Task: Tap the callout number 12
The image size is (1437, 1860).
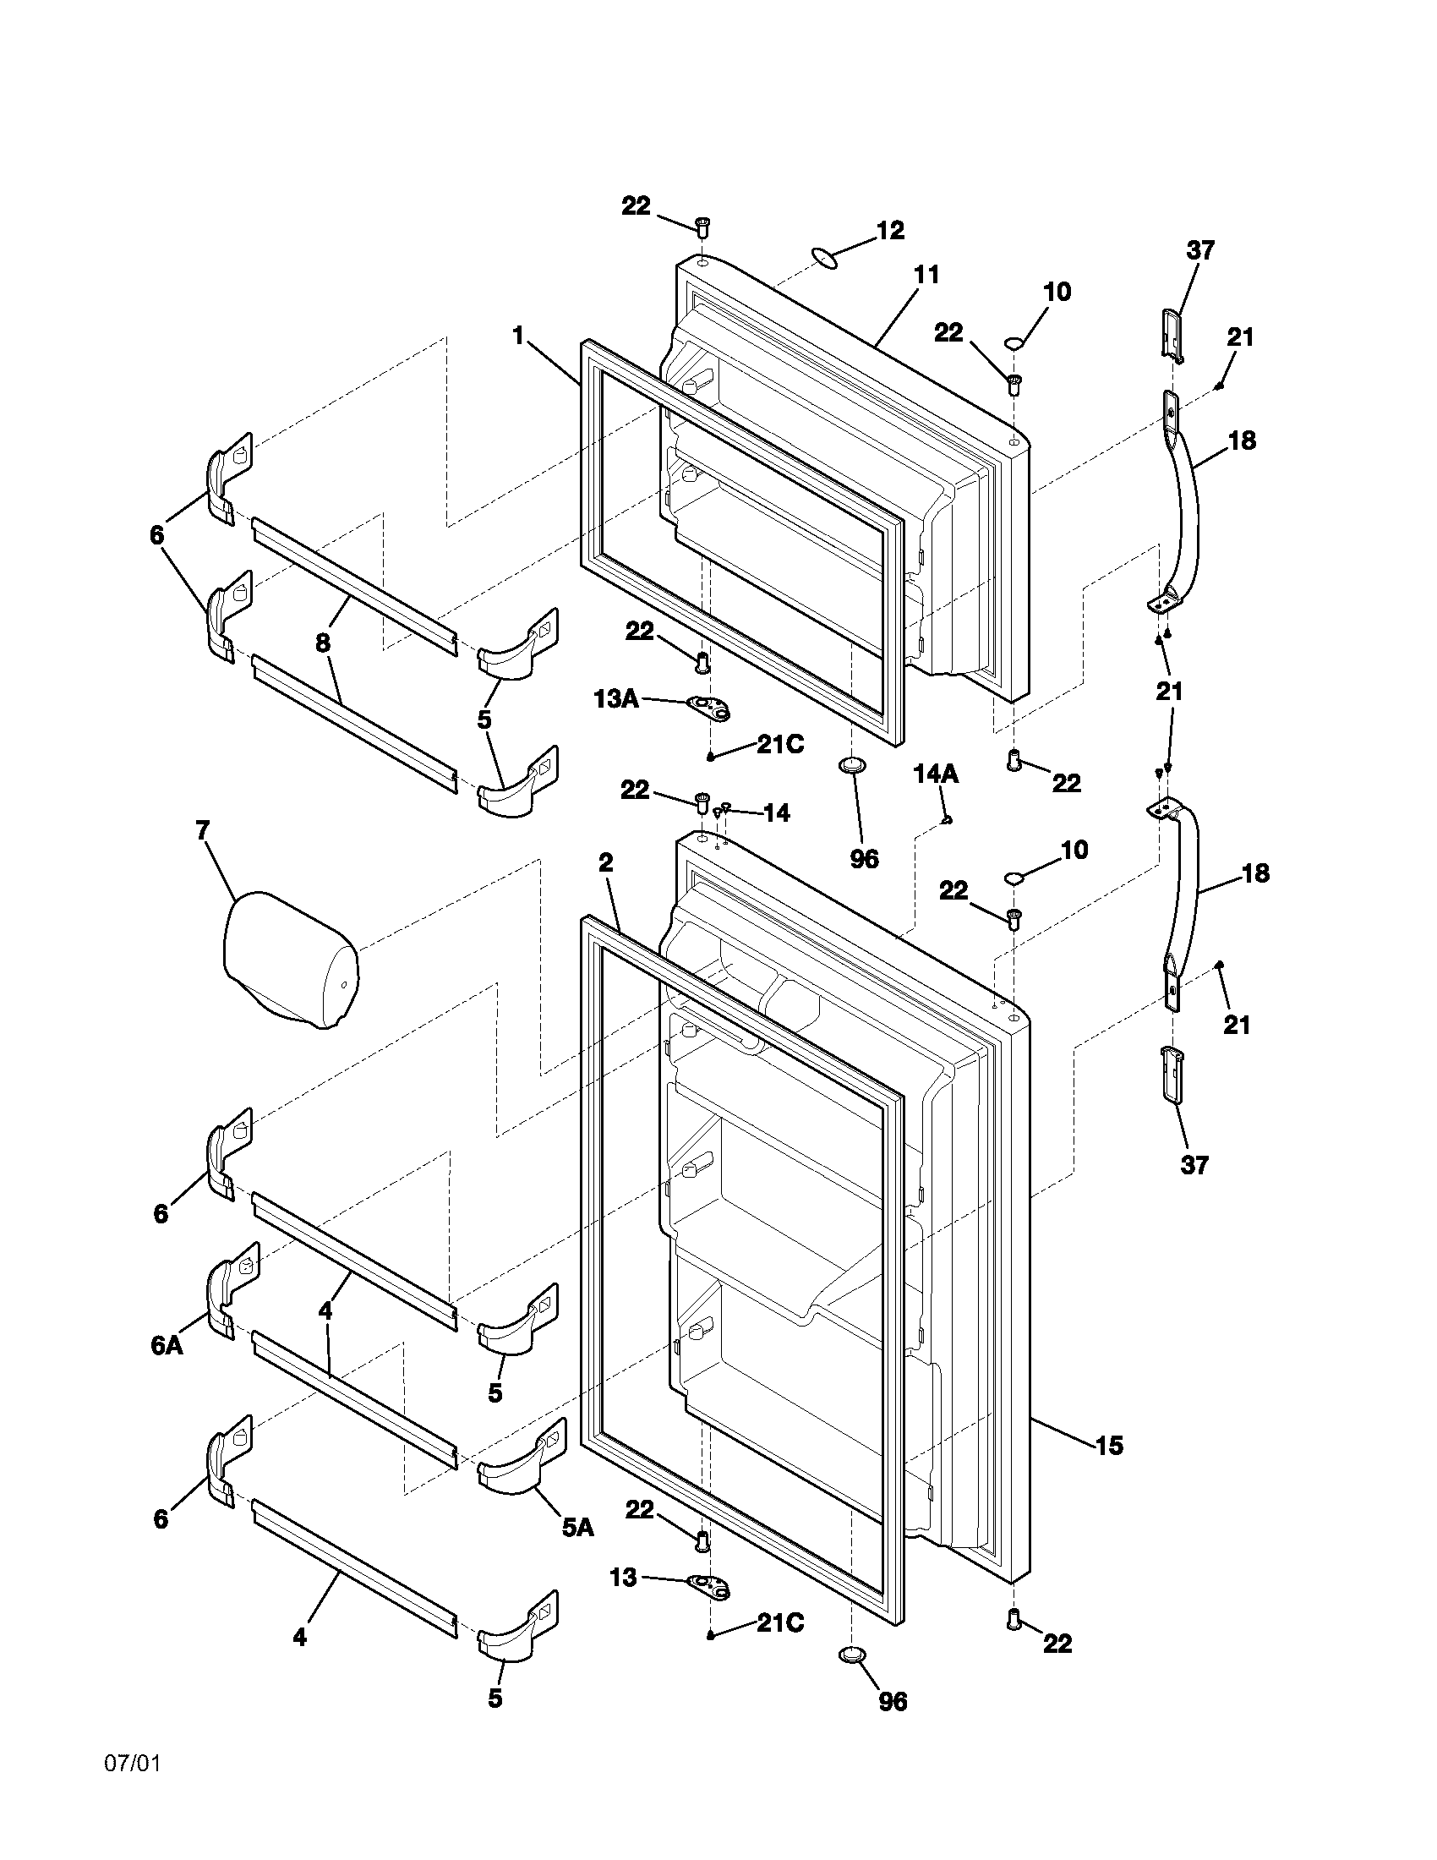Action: click(x=890, y=231)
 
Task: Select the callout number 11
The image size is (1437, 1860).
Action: click(x=926, y=275)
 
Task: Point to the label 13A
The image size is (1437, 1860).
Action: click(x=615, y=699)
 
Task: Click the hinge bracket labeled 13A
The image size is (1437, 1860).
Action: click(x=712, y=706)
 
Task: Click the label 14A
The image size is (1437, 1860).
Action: click(x=936, y=774)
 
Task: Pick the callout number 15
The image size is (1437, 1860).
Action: click(x=1110, y=1445)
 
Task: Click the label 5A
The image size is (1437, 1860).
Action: click(x=577, y=1528)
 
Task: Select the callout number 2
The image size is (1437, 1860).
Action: click(x=605, y=863)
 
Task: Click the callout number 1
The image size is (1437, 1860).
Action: click(x=517, y=336)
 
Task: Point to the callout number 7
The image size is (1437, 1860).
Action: click(x=202, y=830)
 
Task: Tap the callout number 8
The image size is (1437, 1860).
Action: click(x=323, y=643)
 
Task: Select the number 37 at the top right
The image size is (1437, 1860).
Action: click(x=1200, y=250)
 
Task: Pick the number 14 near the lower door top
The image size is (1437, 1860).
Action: click(x=775, y=813)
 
